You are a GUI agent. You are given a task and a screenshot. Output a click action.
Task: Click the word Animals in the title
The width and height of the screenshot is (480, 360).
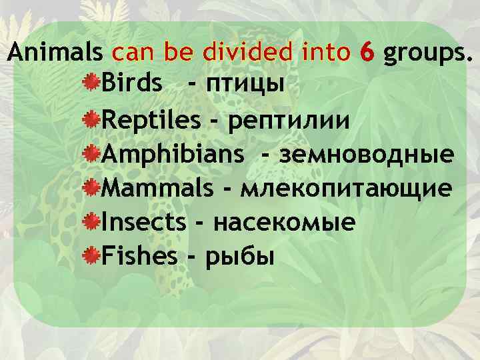56,52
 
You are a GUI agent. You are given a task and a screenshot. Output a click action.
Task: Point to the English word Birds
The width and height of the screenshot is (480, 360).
131,85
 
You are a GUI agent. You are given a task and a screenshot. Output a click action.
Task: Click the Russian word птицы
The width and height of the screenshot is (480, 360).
245,85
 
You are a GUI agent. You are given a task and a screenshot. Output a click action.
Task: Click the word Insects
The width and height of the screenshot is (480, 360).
144,221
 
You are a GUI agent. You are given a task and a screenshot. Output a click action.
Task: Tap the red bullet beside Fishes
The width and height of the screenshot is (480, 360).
93,254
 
